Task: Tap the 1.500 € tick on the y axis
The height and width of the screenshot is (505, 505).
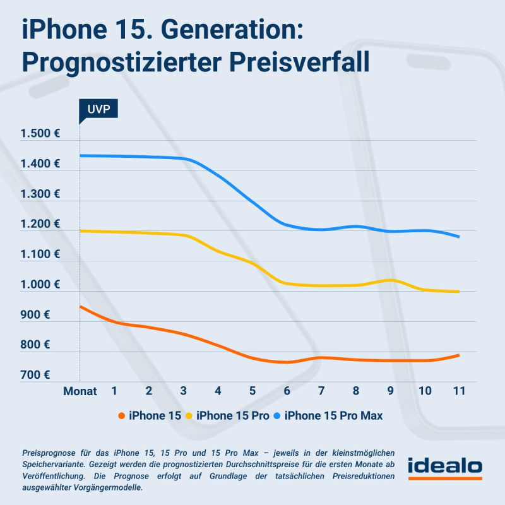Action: [x=39, y=134]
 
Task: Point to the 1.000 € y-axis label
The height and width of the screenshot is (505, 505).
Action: [x=39, y=285]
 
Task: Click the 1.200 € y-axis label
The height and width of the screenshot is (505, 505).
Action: [x=39, y=224]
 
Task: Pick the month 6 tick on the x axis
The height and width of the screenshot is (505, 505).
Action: [x=287, y=391]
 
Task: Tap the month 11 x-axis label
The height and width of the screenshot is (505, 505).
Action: [x=459, y=391]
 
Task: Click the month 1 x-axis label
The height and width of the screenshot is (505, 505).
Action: [x=114, y=391]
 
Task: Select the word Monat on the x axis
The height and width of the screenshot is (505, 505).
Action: [x=80, y=391]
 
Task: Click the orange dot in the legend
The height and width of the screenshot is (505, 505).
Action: [x=121, y=415]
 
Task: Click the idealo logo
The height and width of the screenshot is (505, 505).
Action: [x=445, y=468]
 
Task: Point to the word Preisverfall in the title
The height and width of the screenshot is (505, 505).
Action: [x=299, y=62]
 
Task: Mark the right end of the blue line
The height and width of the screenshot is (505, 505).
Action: [x=459, y=237]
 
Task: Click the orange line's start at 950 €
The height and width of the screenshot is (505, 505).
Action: [x=80, y=306]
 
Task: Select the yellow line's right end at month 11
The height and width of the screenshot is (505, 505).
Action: [x=459, y=292]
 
